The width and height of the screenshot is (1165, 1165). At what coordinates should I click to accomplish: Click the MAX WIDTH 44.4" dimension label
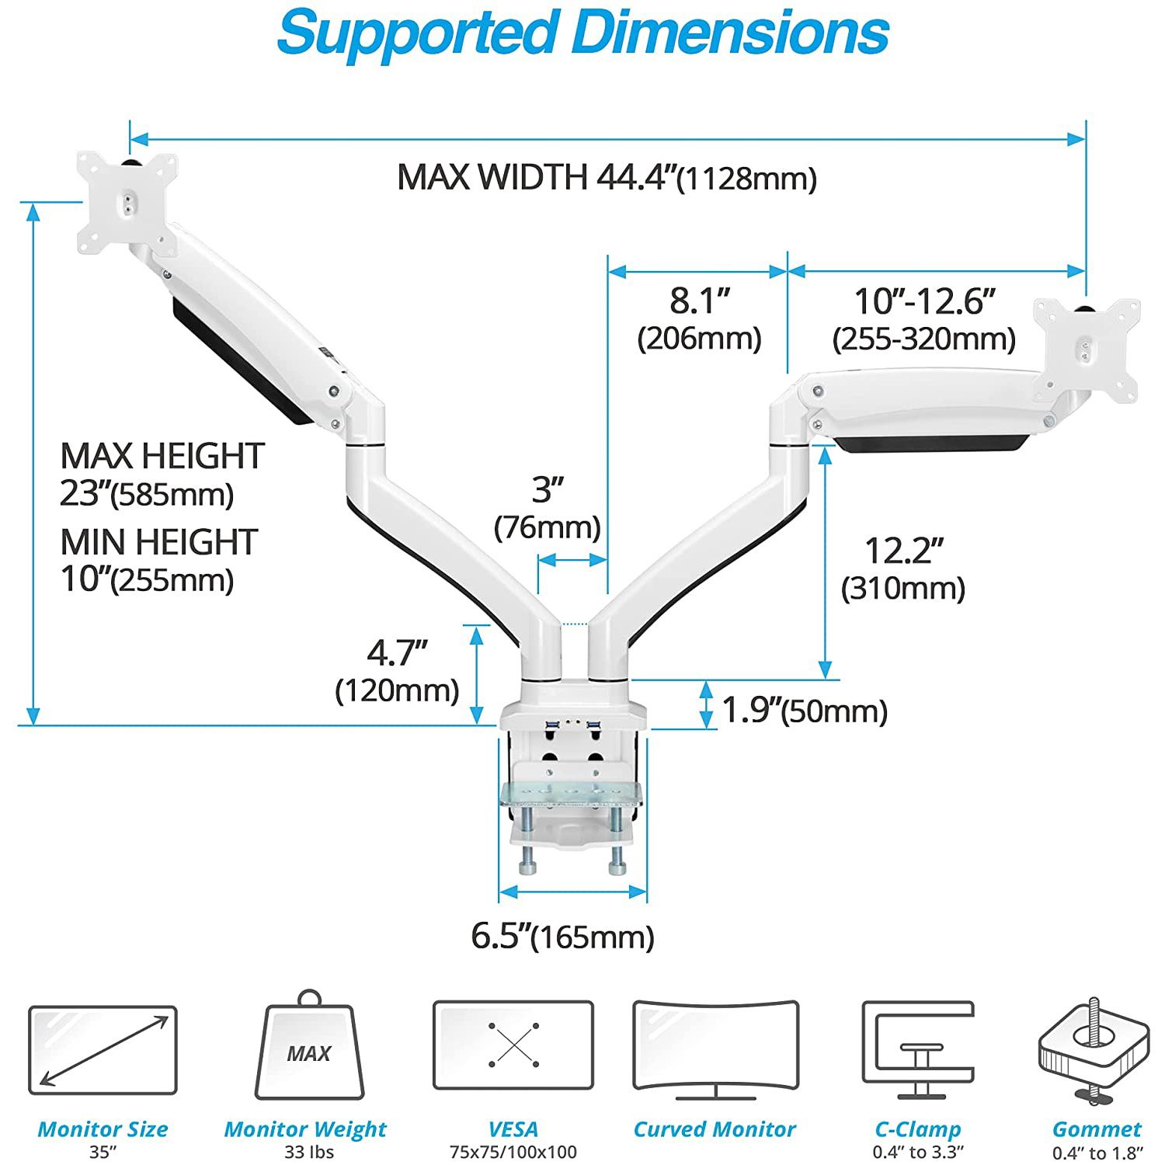click(x=607, y=177)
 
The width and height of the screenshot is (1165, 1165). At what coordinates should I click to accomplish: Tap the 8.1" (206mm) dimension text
click(x=700, y=319)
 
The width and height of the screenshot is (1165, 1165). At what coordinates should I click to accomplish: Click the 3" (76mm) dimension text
click(x=548, y=508)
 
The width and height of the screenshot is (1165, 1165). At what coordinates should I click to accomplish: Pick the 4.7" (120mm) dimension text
click(x=397, y=670)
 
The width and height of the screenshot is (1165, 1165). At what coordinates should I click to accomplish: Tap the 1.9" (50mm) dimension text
click(x=805, y=710)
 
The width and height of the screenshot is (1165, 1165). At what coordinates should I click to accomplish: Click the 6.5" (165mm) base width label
click(x=563, y=936)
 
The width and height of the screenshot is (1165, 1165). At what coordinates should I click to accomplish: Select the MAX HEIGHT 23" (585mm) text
click(x=162, y=474)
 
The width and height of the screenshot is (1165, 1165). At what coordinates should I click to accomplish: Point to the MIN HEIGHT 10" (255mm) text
click(x=158, y=560)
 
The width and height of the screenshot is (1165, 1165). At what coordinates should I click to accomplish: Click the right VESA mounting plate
click(x=1086, y=350)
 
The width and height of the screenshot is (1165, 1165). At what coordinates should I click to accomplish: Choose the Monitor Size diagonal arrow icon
click(x=103, y=1050)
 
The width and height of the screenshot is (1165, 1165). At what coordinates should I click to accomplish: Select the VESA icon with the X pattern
click(x=513, y=1045)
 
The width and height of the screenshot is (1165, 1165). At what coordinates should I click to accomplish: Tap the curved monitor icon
click(x=715, y=1048)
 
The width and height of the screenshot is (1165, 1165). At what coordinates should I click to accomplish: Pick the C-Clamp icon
click(x=917, y=1048)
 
